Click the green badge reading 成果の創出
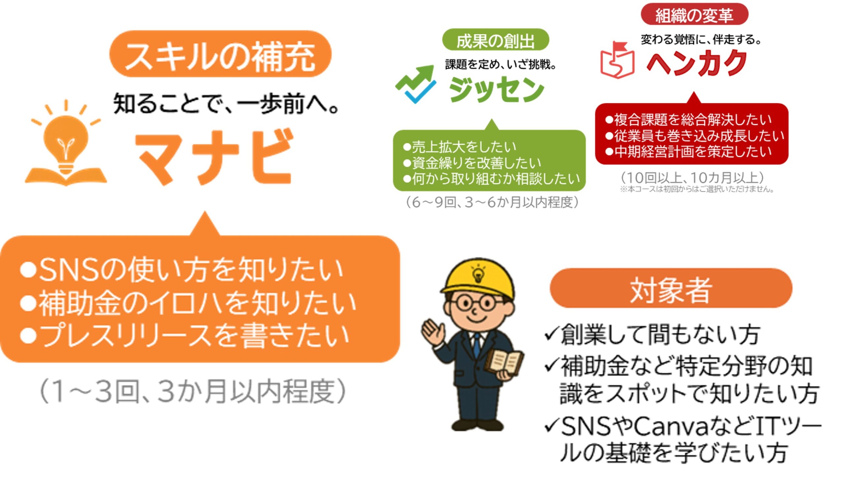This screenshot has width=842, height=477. pyautogui.click(x=496, y=40)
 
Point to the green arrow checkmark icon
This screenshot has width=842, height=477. pyautogui.click(x=416, y=84)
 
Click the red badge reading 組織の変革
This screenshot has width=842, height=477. pyautogui.click(x=694, y=14)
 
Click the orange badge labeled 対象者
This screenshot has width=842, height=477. pyautogui.click(x=671, y=288)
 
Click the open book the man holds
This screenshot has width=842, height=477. pyautogui.click(x=504, y=362)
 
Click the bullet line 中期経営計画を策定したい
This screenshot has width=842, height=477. pyautogui.click(x=688, y=151)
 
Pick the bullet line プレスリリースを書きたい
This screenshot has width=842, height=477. pyautogui.click(x=184, y=335)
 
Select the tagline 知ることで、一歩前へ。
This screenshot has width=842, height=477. pyautogui.click(x=226, y=104)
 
